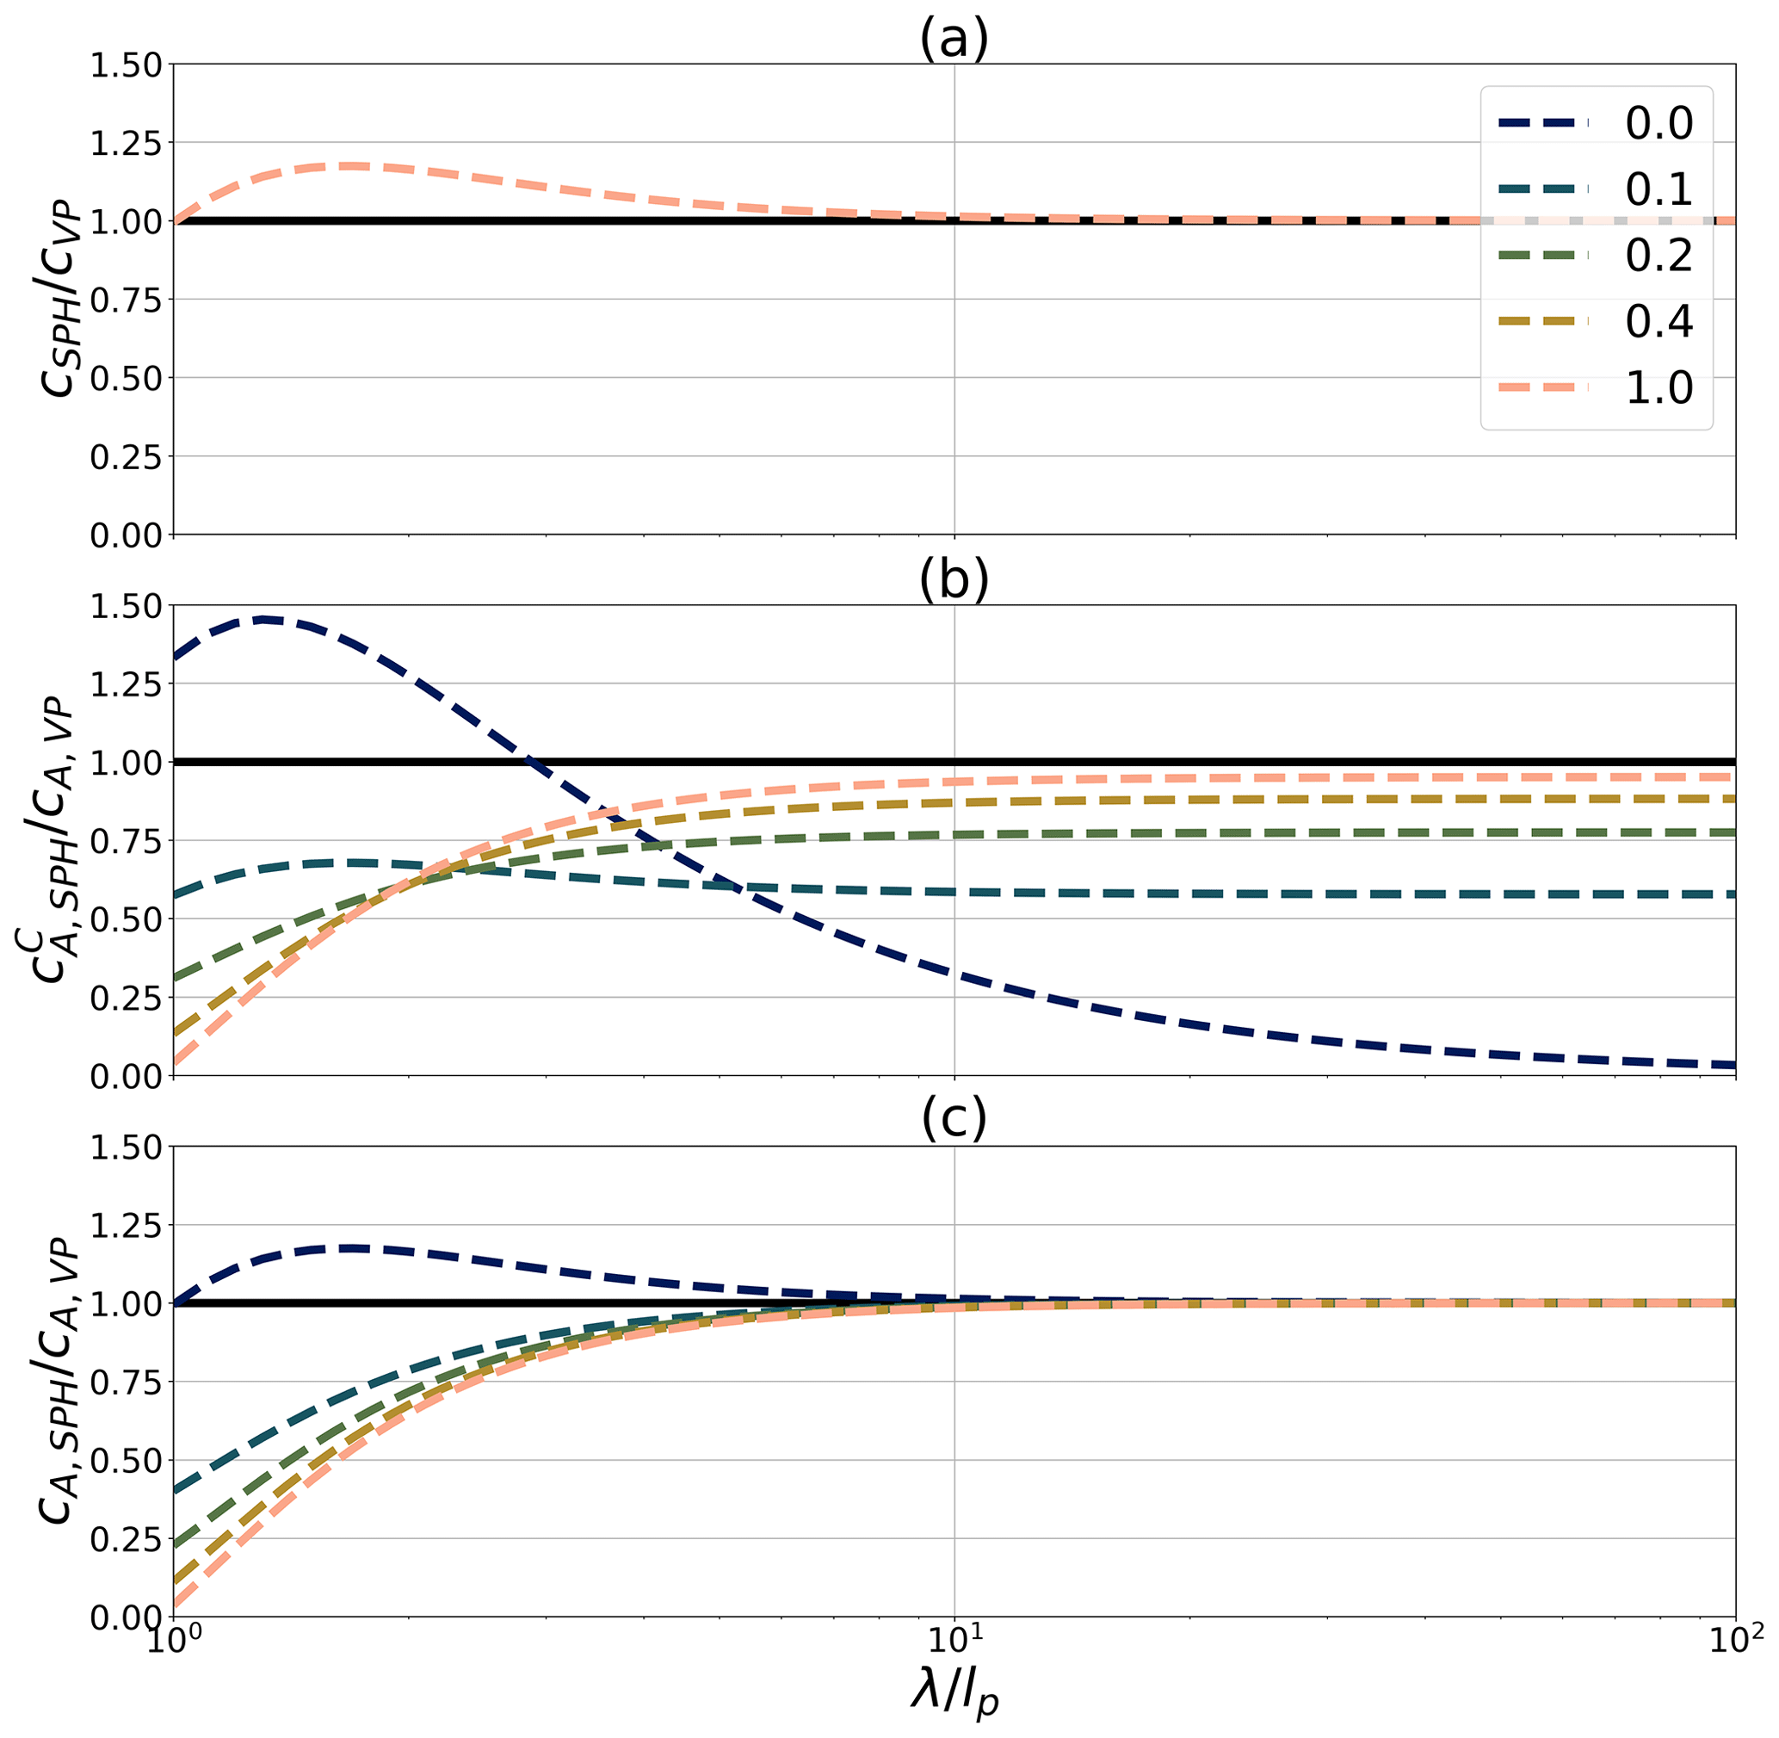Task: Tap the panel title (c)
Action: [x=954, y=1122]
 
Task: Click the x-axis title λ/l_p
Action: [x=954, y=1693]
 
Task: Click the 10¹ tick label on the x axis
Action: [x=954, y=1644]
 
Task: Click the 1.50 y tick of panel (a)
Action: [x=125, y=65]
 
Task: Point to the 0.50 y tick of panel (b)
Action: [x=125, y=919]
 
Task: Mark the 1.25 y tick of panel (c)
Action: [x=125, y=1225]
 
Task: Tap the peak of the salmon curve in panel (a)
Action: [x=351, y=166]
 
